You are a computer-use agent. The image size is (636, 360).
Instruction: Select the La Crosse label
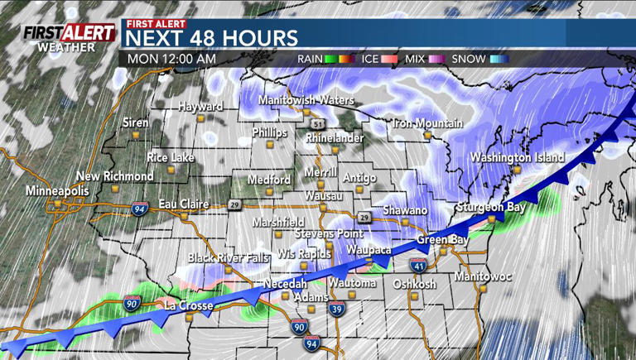tap(189, 305)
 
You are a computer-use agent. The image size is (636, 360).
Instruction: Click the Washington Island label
tap(518, 157)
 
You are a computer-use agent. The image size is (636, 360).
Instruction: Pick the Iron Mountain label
tap(427, 123)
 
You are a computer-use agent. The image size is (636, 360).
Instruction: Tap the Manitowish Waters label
tap(306, 100)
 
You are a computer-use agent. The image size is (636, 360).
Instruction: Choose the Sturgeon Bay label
tap(490, 207)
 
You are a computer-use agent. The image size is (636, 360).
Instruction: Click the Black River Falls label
tap(228, 257)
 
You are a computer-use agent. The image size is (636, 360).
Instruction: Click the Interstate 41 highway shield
tap(417, 265)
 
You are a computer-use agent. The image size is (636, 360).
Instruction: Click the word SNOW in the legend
tap(468, 59)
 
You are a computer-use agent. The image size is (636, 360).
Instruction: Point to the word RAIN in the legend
tap(311, 59)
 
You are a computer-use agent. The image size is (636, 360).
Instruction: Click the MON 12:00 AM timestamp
tap(173, 59)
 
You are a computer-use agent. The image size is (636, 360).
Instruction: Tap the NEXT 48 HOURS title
tap(212, 38)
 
